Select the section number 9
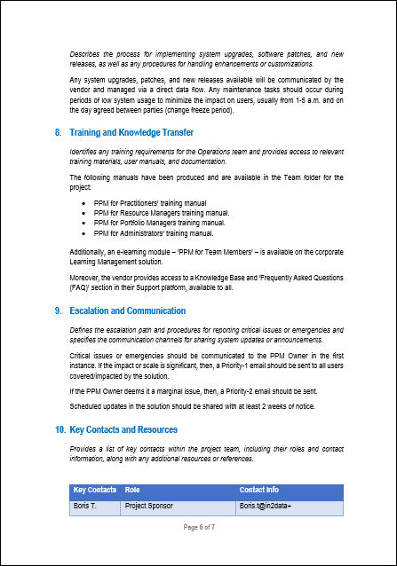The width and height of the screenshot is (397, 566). (58, 311)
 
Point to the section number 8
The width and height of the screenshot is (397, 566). (58, 132)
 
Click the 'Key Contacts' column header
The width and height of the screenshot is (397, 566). (94, 490)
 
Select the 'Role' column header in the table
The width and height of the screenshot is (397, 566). (132, 490)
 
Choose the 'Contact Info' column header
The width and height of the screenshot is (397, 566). (259, 490)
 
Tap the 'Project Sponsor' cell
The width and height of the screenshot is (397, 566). (149, 506)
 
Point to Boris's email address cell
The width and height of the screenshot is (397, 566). (265, 506)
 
